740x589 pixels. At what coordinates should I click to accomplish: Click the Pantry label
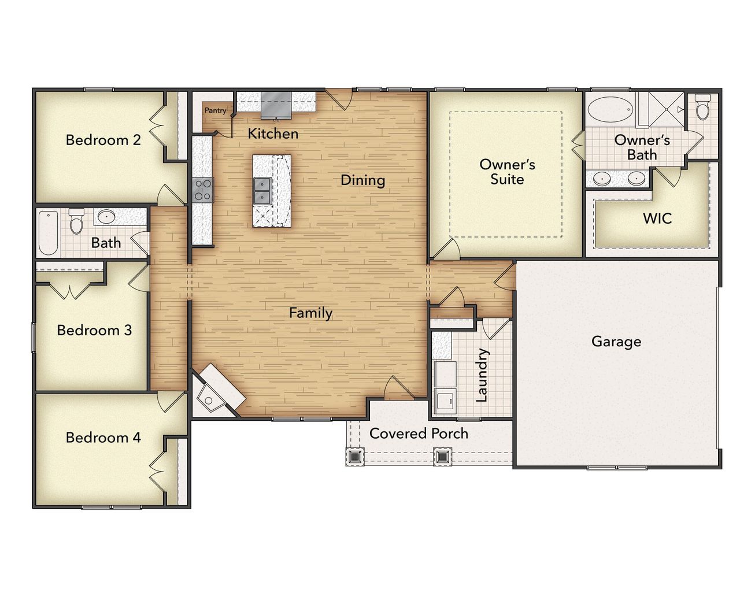click(215, 110)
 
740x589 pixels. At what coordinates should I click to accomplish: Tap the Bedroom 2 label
click(103, 140)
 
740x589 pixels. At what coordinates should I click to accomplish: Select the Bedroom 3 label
click(94, 330)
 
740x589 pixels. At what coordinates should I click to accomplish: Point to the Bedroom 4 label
click(103, 438)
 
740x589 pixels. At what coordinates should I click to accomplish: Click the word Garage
click(616, 342)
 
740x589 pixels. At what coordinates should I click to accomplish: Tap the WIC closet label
click(657, 218)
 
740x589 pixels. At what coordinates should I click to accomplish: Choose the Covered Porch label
click(419, 434)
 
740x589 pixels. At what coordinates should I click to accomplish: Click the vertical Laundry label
click(482, 375)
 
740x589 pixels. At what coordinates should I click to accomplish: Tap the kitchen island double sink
click(262, 190)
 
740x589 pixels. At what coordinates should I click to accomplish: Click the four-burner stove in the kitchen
click(202, 190)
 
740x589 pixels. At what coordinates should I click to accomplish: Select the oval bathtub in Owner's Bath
click(610, 109)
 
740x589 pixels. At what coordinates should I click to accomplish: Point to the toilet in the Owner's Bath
click(702, 108)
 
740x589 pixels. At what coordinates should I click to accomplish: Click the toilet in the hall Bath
click(76, 221)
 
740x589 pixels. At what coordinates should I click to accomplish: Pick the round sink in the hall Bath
click(106, 217)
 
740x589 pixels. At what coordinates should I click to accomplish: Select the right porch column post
click(442, 457)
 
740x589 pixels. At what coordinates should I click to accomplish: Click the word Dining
click(362, 180)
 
